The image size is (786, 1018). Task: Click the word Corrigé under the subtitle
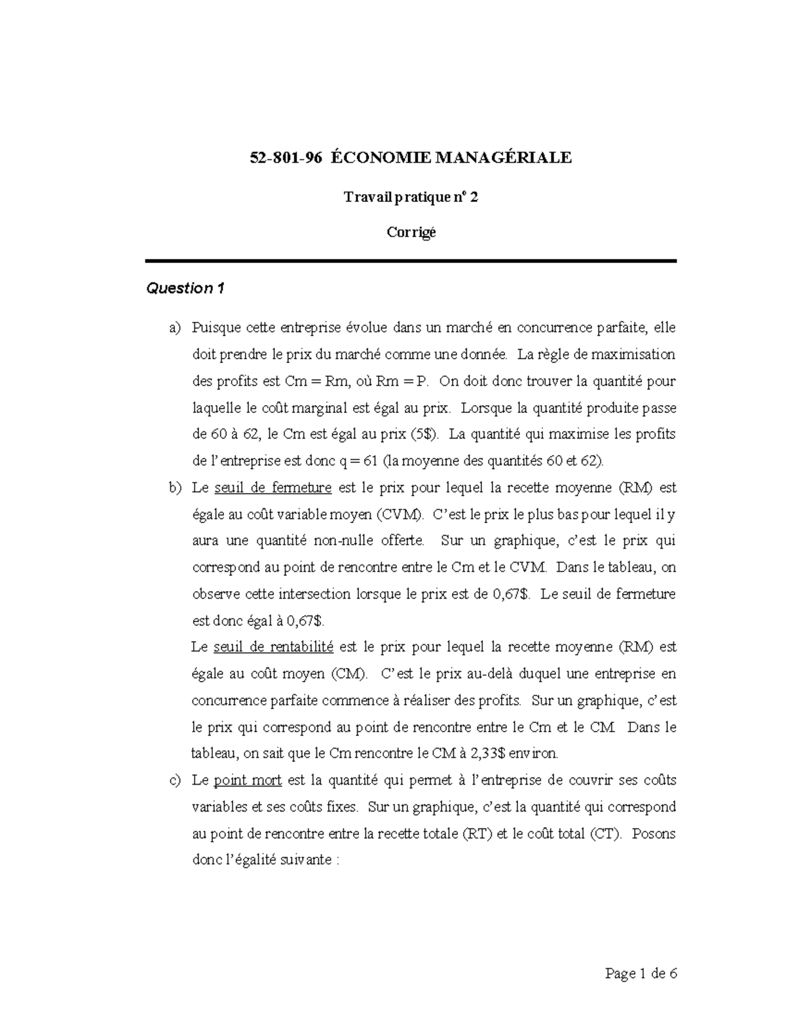pyautogui.click(x=411, y=233)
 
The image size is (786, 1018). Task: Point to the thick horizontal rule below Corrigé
pyautogui.click(x=411, y=261)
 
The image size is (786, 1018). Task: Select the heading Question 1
pyautogui.click(x=185, y=288)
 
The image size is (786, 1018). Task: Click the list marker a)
pyautogui.click(x=175, y=328)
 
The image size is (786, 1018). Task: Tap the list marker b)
pyautogui.click(x=175, y=488)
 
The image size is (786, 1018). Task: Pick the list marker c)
pyautogui.click(x=175, y=781)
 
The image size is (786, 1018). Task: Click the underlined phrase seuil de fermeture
pyautogui.click(x=273, y=488)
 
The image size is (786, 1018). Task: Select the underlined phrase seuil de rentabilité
pyautogui.click(x=273, y=648)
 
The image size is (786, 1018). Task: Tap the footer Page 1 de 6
pyautogui.click(x=641, y=975)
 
